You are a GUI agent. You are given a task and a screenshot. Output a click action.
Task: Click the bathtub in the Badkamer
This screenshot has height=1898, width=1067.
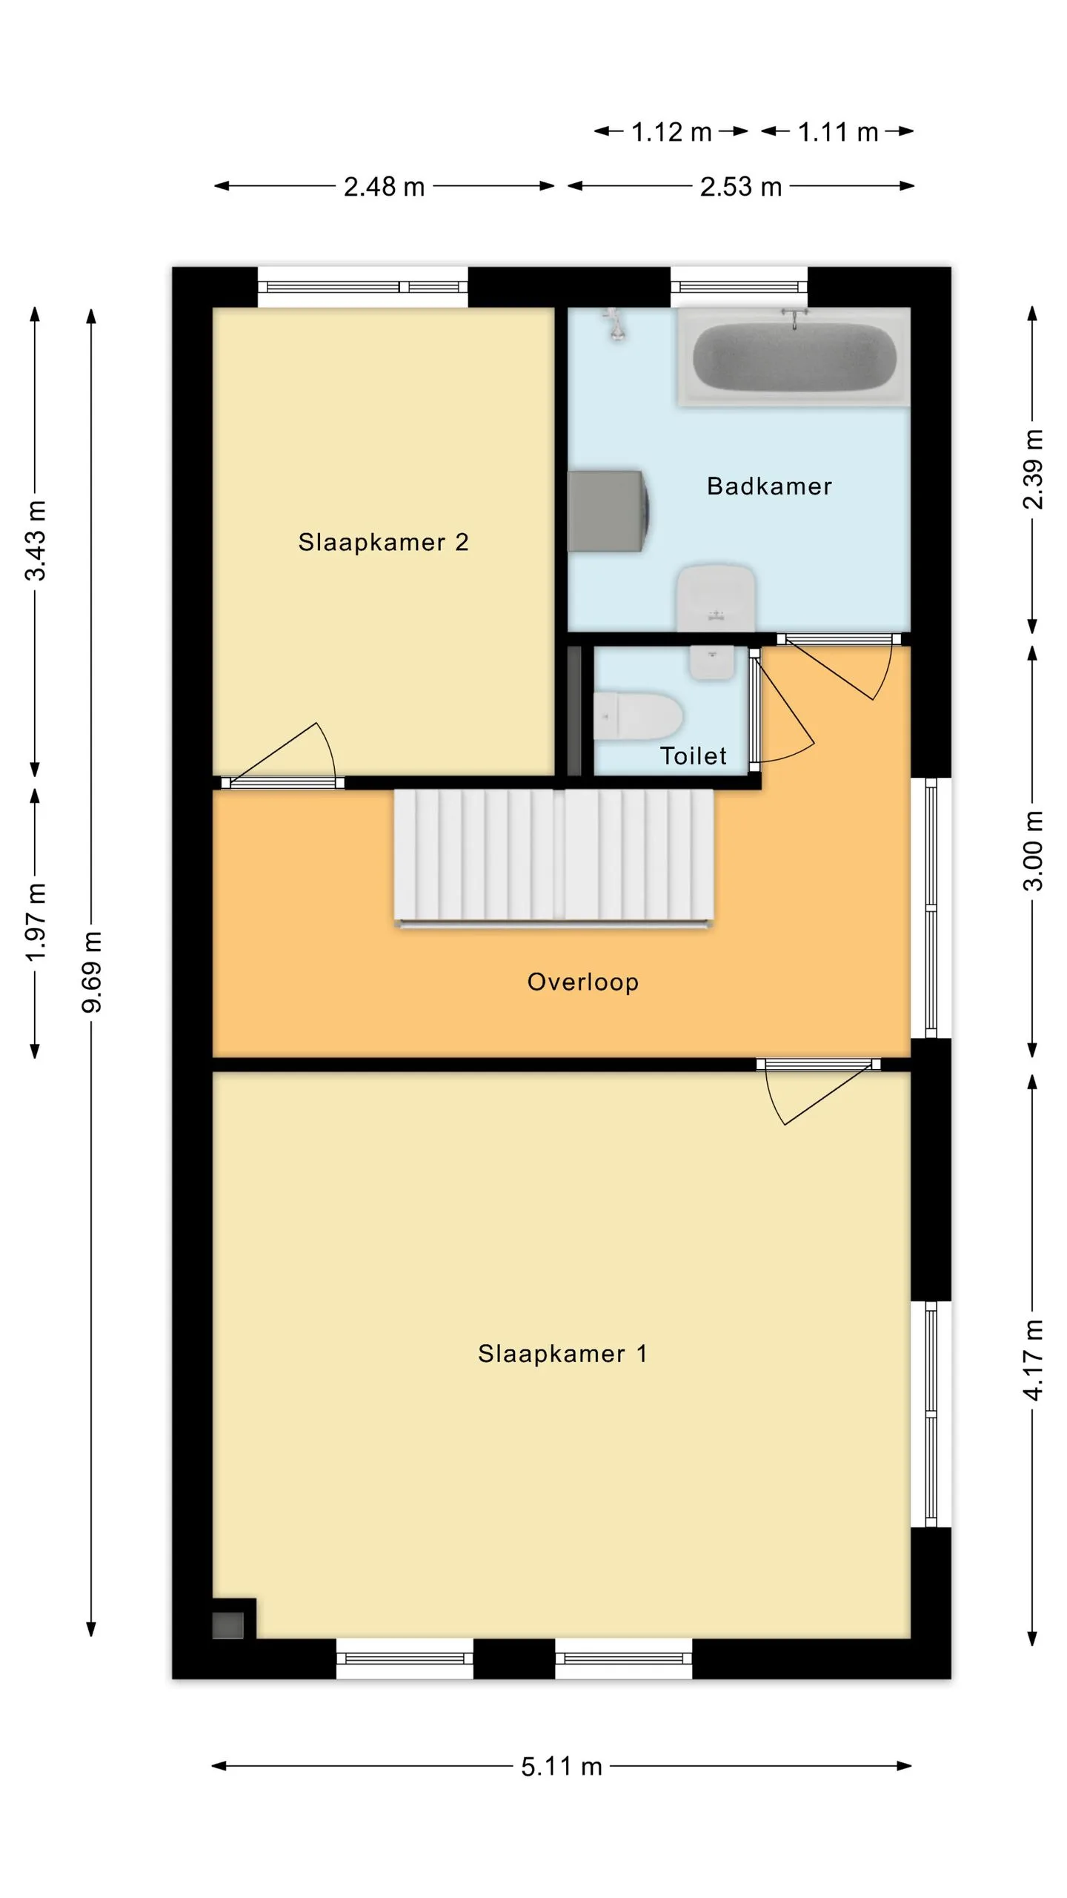coord(794,356)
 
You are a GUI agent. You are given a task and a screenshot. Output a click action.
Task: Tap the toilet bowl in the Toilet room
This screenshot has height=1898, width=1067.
coord(638,716)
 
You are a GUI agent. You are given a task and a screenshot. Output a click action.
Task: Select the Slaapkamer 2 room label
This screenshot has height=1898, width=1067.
coord(383,542)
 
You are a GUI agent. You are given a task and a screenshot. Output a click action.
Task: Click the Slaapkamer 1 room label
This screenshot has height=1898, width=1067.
coord(562,1354)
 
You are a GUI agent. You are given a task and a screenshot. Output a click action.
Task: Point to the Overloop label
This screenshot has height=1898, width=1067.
coord(582,982)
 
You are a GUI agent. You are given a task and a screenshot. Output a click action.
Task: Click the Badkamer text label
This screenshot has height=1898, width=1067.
coord(769,486)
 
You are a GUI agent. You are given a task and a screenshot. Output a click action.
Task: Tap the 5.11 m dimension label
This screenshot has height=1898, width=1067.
coord(561,1767)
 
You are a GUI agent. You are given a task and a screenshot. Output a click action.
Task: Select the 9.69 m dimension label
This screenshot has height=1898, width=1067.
coord(92,972)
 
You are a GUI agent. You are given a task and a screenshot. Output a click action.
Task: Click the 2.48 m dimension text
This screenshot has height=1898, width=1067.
coord(384,187)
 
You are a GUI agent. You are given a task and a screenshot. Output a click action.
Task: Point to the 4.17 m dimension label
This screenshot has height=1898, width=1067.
coord(1033,1360)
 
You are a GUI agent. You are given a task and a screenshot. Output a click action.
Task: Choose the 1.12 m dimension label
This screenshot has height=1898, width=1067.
coord(671,133)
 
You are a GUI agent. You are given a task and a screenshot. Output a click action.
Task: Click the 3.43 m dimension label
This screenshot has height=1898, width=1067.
coord(36,540)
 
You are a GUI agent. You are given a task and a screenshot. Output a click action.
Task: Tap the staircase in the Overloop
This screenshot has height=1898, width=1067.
coord(554,857)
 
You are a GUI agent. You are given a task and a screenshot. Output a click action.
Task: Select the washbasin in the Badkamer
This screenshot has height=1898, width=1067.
coord(716,598)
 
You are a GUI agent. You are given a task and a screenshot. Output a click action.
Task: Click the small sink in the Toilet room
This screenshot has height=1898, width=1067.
coord(712,662)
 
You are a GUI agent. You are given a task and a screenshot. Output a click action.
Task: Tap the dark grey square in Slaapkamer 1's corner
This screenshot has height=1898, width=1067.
coord(227,1625)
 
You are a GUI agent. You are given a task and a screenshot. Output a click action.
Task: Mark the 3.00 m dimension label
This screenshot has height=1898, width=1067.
coord(1033,851)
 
